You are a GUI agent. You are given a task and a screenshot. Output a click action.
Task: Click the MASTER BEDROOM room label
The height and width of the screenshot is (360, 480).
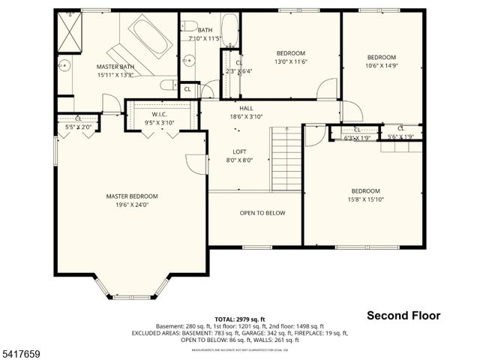click(131, 196)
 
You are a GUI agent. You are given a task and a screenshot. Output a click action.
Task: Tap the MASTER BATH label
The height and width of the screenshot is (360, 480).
click(115, 67)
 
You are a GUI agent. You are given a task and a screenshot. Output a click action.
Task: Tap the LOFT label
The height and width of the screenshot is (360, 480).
click(240, 151)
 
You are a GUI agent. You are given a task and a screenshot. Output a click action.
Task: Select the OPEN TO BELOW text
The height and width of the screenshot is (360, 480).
click(262, 213)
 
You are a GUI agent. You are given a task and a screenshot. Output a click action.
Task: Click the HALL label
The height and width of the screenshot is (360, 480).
click(246, 108)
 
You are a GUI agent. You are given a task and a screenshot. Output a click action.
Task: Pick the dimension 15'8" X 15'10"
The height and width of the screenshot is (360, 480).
click(365, 199)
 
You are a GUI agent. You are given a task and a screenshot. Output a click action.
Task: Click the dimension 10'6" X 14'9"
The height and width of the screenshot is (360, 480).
click(381, 66)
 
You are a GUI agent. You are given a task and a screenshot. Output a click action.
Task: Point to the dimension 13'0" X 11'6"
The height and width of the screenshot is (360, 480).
click(290, 62)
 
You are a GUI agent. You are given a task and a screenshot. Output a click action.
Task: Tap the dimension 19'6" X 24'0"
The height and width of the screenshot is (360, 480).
click(131, 205)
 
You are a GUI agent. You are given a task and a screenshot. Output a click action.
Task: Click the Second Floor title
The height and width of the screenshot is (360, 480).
click(403, 316)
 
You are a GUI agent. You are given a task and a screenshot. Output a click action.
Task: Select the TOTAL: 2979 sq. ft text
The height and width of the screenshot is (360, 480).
click(239, 319)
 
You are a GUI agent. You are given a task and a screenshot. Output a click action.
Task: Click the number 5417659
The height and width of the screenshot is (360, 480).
click(22, 350)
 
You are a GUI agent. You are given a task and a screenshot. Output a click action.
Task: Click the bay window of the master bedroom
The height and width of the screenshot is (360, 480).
click(131, 289)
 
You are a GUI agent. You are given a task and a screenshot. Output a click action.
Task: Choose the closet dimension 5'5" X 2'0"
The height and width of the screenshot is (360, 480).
click(78, 127)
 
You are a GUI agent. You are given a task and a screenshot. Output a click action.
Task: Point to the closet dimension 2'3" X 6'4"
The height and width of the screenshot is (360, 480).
click(239, 71)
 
